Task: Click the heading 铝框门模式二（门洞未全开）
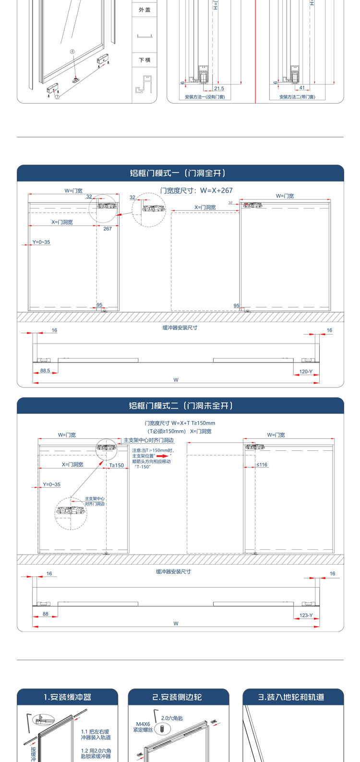[180, 406]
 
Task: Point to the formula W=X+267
[196, 191]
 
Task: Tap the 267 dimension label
[108, 229]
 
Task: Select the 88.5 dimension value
[45, 371]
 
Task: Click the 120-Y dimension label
[306, 372]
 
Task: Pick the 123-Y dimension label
[306, 615]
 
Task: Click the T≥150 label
[116, 465]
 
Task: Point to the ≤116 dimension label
[262, 465]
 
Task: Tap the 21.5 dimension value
[219, 88]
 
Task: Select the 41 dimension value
[302, 88]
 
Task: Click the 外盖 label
[144, 10]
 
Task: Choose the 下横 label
[144, 60]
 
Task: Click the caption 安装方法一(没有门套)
[205, 97]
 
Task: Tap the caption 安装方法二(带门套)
[297, 97]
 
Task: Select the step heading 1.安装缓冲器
[67, 697]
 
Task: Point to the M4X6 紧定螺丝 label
[143, 726]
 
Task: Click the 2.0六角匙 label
[172, 718]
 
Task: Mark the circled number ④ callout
[72, 51]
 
